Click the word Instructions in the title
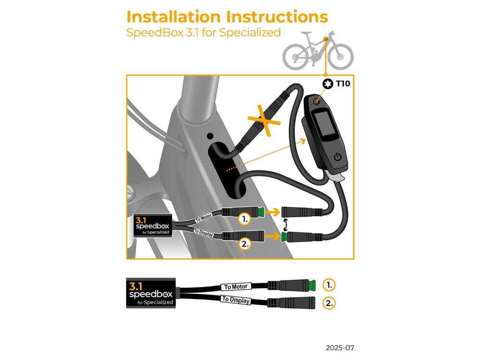pos(277,17)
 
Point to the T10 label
pos(343,84)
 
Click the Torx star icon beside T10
pos(327,84)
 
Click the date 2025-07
pos(340,348)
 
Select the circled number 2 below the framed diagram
pos(330,303)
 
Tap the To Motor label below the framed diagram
pos(235,286)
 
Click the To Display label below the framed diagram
pos(235,300)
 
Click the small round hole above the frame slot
pos(209,136)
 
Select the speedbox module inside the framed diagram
pos(154,226)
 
